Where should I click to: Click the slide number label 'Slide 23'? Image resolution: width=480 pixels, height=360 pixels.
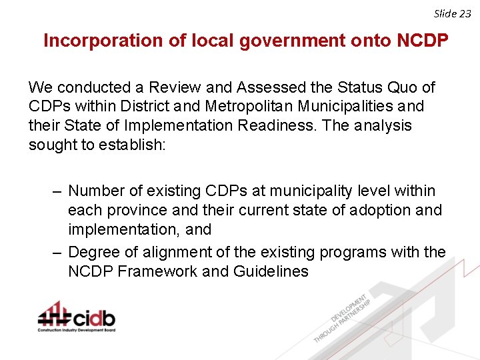[452, 13]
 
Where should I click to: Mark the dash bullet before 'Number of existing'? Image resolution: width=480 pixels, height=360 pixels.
[59, 191]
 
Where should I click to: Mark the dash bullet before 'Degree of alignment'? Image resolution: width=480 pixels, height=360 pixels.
[59, 253]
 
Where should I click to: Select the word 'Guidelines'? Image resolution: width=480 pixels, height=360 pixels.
[271, 271]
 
